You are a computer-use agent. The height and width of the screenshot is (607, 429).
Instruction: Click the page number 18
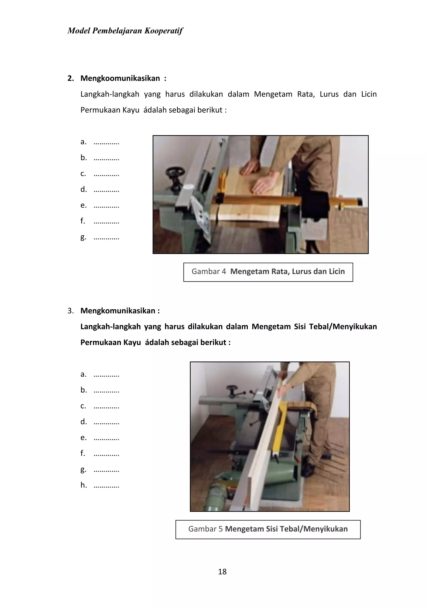click(x=222, y=572)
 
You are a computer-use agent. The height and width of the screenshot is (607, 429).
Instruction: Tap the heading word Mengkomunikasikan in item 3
click(x=118, y=311)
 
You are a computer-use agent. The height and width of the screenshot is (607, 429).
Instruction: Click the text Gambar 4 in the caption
click(x=209, y=271)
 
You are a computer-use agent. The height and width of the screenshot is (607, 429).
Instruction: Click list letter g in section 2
click(x=83, y=237)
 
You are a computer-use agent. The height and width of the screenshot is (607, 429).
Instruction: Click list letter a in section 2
click(x=83, y=142)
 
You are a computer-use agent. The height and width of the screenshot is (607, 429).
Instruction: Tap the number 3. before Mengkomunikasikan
click(x=70, y=311)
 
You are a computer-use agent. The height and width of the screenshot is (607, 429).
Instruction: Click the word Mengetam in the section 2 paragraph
click(x=273, y=94)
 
